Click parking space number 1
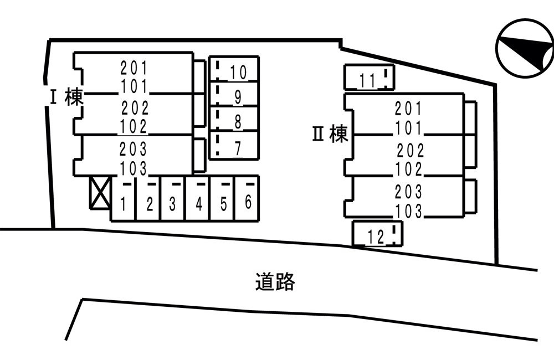(x=124, y=198)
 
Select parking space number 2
(x=148, y=198)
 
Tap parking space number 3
(x=173, y=198)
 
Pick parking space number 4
(x=198, y=198)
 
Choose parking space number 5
(x=223, y=198)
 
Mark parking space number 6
(x=247, y=198)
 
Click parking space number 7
(x=234, y=146)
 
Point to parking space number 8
(x=234, y=119)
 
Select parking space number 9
(x=234, y=94)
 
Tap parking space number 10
(x=234, y=69)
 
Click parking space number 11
(x=369, y=77)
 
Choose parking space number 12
(x=377, y=233)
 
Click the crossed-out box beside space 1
(x=100, y=193)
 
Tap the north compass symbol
(x=525, y=48)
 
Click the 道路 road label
(x=275, y=281)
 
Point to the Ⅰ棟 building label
(x=66, y=97)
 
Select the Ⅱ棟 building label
(x=330, y=134)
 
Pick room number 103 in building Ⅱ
(x=408, y=211)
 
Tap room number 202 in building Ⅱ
(x=410, y=150)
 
